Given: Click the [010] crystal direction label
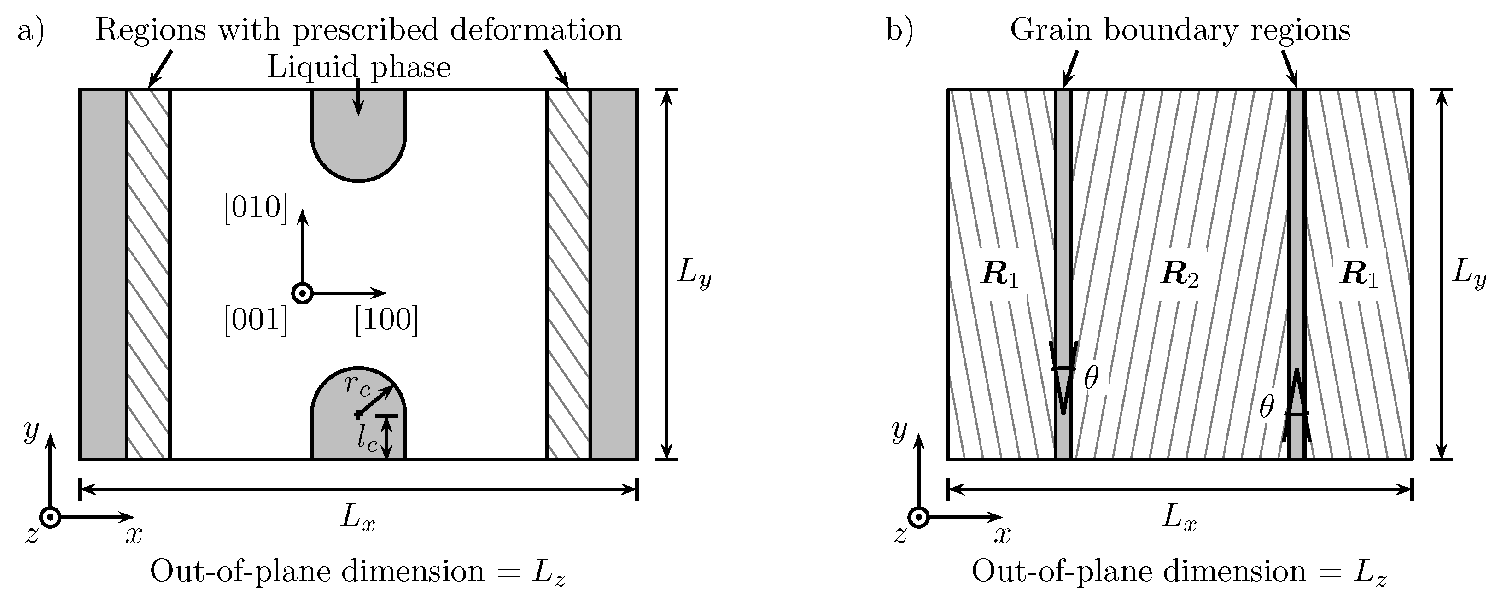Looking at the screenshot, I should click(256, 207).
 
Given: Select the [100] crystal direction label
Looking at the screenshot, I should click(386, 320).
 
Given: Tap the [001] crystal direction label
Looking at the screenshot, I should click(256, 320).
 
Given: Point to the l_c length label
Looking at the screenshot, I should click(368, 438).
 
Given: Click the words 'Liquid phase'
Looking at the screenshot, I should click(358, 68).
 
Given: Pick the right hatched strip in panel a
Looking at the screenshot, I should click(568, 274).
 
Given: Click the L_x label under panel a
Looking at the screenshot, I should click(358, 518).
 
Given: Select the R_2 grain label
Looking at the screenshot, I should click(1180, 274).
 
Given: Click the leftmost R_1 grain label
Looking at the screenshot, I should click(1000, 274).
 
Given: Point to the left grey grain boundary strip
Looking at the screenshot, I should click(1063, 233).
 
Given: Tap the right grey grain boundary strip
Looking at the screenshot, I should click(1296, 233).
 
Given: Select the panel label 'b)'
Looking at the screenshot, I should click(899, 30).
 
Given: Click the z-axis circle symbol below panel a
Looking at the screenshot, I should click(50, 517).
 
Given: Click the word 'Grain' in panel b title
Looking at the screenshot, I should click(1050, 30).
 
